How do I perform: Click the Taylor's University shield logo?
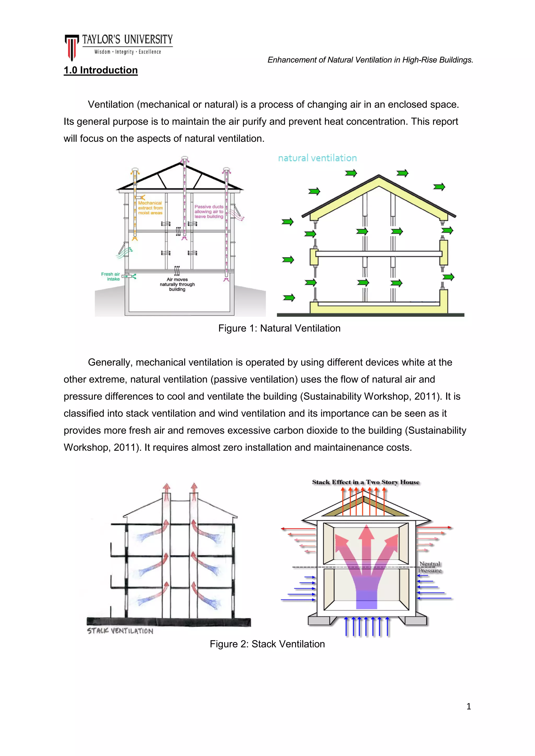[x=72, y=47]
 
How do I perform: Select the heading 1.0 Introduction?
[x=101, y=70]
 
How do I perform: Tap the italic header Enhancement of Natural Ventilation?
[x=370, y=60]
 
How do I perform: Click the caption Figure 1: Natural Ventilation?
[x=279, y=328]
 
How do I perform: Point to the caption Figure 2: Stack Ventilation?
[x=267, y=644]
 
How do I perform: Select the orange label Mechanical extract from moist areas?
[x=150, y=208]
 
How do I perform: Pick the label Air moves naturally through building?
[x=177, y=284]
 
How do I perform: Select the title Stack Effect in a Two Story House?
[x=366, y=482]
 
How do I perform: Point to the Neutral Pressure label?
[x=429, y=567]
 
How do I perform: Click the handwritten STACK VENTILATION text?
[x=120, y=631]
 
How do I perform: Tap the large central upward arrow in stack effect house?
[x=366, y=560]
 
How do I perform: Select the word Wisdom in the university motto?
[x=102, y=52]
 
